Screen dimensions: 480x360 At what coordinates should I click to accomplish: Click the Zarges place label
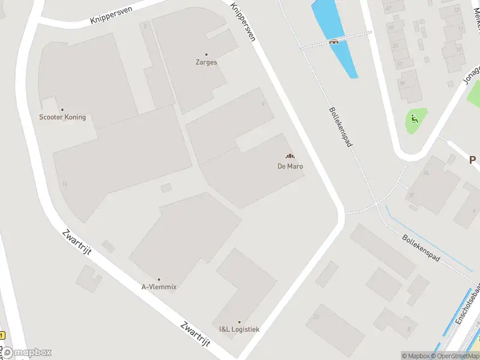tap(206, 62)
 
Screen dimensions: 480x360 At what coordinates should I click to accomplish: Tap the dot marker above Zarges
tap(206, 55)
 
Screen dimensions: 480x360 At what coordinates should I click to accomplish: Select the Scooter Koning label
tap(62, 117)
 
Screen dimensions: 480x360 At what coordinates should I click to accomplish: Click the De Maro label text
tap(290, 166)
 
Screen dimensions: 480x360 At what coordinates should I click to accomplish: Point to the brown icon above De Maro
tap(290, 157)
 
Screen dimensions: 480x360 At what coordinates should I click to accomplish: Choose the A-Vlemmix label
tap(159, 287)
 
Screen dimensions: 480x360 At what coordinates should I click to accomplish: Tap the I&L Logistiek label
tap(239, 329)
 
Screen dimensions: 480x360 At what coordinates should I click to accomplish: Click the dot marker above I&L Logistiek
tap(239, 322)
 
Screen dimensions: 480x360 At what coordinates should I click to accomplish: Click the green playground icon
tap(414, 118)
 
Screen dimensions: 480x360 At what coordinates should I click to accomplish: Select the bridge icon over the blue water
tap(334, 41)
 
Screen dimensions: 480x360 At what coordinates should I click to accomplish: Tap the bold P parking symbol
tap(472, 160)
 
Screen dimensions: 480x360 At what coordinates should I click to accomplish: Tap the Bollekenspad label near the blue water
tap(339, 128)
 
